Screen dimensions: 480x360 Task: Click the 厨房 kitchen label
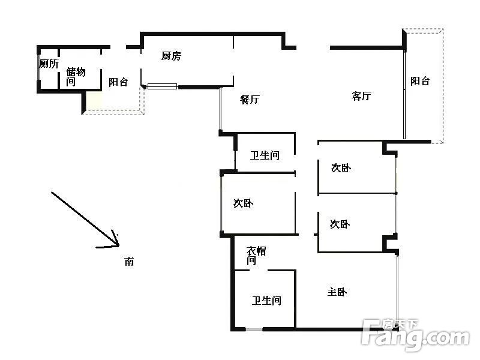click(171, 56)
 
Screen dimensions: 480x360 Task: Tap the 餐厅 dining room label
click(250, 99)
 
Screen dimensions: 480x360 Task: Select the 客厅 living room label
click(361, 96)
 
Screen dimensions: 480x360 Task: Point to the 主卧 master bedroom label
click(337, 292)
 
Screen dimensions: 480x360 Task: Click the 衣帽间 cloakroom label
click(256, 256)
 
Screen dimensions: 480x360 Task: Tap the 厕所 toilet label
click(49, 64)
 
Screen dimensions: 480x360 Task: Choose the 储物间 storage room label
click(76, 77)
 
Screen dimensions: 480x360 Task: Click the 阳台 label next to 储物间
click(118, 82)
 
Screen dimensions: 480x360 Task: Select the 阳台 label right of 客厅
click(420, 81)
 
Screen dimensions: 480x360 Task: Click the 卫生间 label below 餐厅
click(265, 155)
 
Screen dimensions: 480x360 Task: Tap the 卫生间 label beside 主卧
click(266, 301)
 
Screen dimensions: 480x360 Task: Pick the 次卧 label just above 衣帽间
click(243, 203)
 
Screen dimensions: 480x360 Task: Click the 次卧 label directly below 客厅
click(341, 168)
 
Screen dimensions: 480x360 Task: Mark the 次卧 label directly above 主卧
click(340, 224)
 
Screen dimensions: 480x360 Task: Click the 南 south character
click(129, 262)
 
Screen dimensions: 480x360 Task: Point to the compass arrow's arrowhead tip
click(118, 245)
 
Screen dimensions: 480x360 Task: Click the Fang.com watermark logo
click(415, 335)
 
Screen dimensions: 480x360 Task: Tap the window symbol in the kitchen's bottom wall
click(162, 86)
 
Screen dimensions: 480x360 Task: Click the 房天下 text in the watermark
click(400, 325)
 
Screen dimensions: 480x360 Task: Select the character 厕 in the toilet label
click(44, 64)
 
